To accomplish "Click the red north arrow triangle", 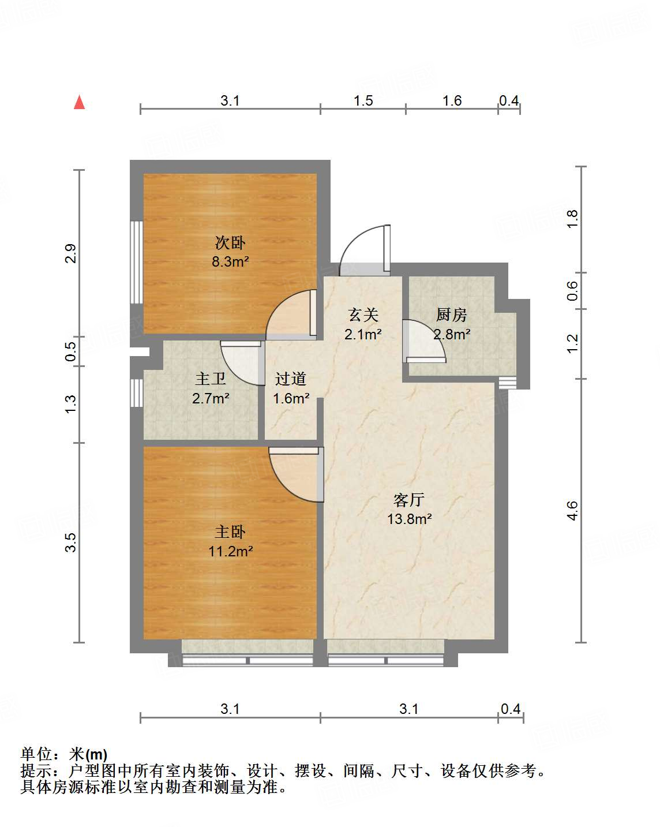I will coord(80,102).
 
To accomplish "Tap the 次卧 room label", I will coord(230,243).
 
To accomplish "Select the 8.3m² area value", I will coord(230,261).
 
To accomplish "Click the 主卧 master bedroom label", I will coord(230,532).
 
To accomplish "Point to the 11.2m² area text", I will coord(230,551).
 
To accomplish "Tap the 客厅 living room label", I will coord(409,500).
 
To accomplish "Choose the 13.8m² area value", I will coord(409,519).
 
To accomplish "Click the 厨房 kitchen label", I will coord(451,315).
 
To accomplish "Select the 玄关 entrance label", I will coord(363,315).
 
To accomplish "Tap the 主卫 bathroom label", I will coord(211,379).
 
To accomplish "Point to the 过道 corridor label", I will coord(290,379).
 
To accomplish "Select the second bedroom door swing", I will coord(292,315).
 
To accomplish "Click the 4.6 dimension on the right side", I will coord(572,511).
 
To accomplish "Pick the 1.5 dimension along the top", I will coord(363,101).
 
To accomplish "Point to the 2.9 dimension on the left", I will coord(70,254).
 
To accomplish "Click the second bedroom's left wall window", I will coord(136,262).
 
